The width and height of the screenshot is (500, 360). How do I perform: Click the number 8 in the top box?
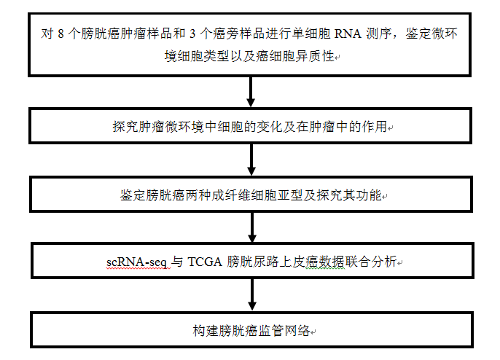[x=60, y=34]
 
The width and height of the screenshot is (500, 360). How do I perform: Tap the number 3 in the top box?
[x=192, y=34]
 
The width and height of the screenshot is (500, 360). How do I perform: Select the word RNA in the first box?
[x=348, y=34]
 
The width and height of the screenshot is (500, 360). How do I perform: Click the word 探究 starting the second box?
[x=125, y=127]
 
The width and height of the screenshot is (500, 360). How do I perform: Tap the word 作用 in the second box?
[x=374, y=127]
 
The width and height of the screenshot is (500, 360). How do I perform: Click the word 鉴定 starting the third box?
[x=133, y=195]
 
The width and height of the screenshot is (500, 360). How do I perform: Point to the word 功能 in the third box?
[x=369, y=195]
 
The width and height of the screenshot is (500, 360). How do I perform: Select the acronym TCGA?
[x=205, y=262]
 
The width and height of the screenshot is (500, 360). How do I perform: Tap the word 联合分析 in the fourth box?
[x=370, y=262]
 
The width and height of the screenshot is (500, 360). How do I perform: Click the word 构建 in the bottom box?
[x=206, y=331]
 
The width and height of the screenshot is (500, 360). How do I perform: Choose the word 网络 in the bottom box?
[x=297, y=331]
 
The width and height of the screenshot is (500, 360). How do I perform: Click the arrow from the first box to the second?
[x=251, y=92]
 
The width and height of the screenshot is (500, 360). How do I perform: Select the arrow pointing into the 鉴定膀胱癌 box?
[x=251, y=160]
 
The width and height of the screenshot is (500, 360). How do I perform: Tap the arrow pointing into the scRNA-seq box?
[x=252, y=227]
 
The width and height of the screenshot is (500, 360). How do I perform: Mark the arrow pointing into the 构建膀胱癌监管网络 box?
[x=252, y=294]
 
